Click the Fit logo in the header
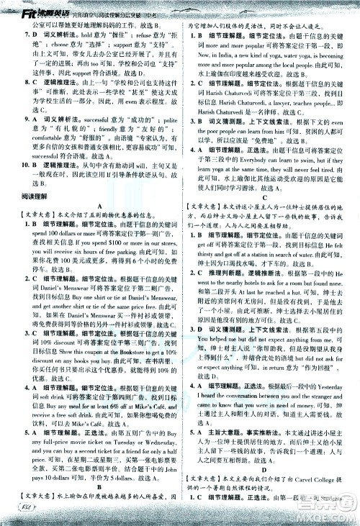coord(12,8)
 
